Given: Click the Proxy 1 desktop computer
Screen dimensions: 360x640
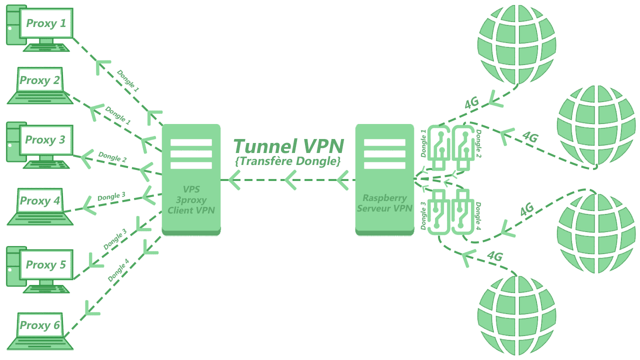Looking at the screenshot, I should (39, 27).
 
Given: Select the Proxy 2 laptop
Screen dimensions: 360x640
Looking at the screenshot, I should (39, 86).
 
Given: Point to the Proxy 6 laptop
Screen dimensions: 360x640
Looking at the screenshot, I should (40, 330).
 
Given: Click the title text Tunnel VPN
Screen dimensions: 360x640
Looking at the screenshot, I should (288, 146).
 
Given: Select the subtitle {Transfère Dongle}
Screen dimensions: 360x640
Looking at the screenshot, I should (287, 161).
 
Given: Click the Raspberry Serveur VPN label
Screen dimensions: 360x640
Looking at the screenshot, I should (385, 202).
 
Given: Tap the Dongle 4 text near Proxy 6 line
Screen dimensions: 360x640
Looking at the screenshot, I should (118, 270).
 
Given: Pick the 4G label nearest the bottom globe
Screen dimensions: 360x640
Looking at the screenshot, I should (494, 256).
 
